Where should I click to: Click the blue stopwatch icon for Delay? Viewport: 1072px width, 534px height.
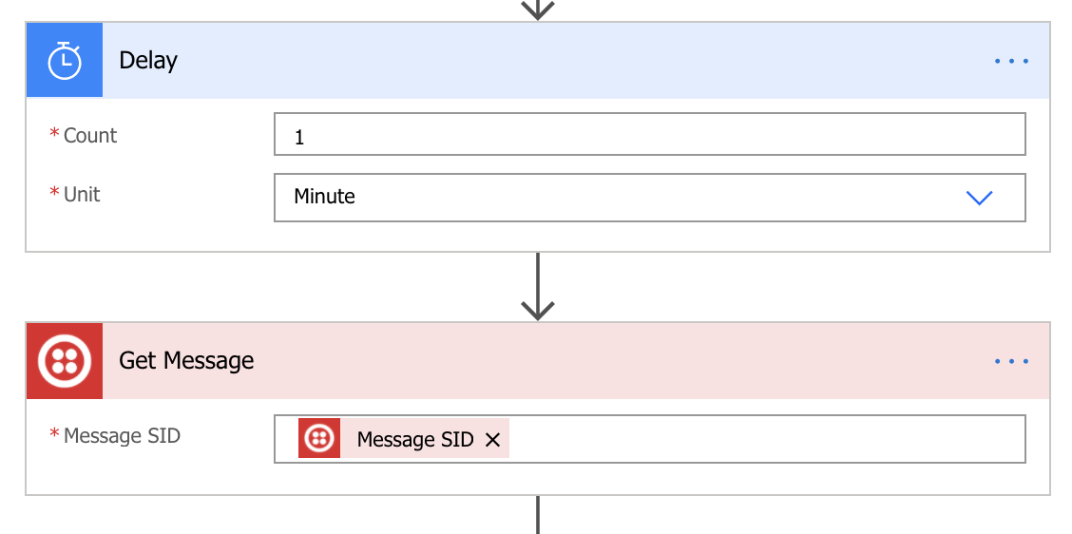(x=65, y=60)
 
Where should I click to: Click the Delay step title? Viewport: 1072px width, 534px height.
(x=148, y=60)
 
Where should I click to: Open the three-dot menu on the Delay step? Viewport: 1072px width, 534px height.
(x=1011, y=61)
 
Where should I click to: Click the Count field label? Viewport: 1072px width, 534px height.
(x=90, y=135)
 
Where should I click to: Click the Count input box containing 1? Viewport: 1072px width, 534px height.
(x=649, y=134)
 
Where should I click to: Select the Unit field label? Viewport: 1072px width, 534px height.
(x=82, y=194)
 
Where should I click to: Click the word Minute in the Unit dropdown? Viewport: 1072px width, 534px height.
(x=324, y=197)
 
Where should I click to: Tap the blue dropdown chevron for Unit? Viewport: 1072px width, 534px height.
(x=979, y=198)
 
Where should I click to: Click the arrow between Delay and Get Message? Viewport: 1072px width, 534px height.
(x=537, y=287)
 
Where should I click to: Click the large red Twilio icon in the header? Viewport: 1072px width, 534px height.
(x=65, y=361)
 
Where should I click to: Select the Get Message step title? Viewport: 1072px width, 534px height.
(x=186, y=360)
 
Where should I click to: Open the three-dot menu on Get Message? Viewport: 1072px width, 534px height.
(x=1011, y=361)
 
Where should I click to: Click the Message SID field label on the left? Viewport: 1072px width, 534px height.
(x=122, y=435)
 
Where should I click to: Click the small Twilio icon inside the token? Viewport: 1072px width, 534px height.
(x=319, y=438)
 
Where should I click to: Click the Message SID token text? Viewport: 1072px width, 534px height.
(x=415, y=439)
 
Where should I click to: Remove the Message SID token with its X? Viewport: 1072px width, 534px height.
(x=492, y=440)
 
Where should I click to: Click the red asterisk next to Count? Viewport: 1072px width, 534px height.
(x=55, y=133)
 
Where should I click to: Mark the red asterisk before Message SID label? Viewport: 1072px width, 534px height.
(x=55, y=433)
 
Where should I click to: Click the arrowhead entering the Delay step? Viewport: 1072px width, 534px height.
(x=537, y=11)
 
